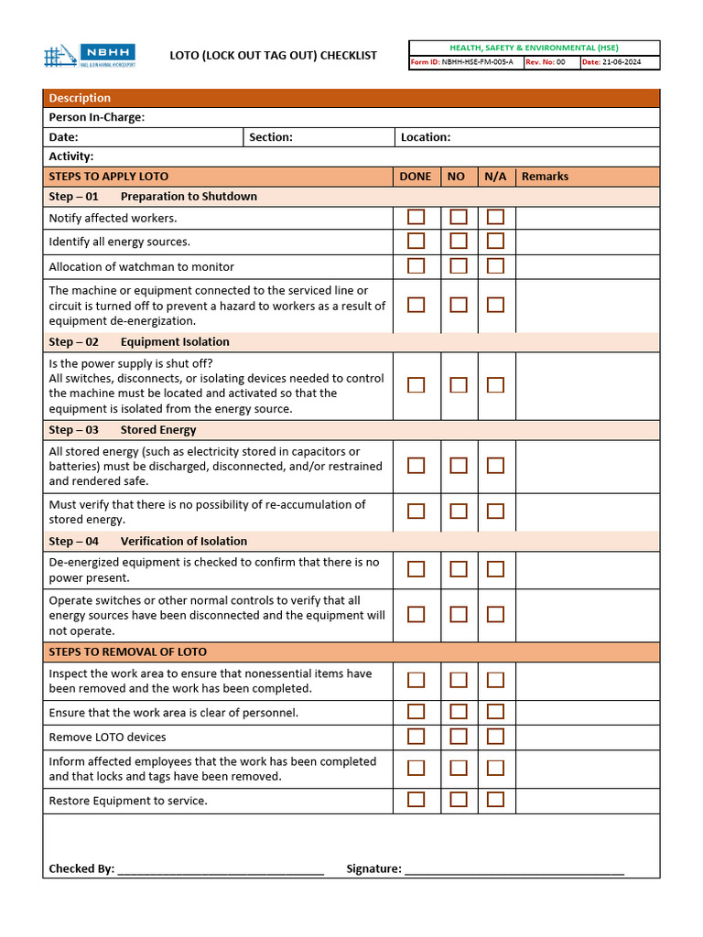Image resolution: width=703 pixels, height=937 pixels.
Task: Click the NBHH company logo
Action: click(x=90, y=55)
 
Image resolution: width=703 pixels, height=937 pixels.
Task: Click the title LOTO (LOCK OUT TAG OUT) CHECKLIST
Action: click(x=273, y=56)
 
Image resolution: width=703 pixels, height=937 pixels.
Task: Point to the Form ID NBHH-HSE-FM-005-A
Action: click(x=464, y=62)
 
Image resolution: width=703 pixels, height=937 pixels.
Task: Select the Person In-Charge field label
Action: click(x=96, y=117)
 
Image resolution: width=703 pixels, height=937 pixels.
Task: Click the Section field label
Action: click(x=271, y=137)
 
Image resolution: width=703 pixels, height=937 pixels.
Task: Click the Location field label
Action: click(x=426, y=137)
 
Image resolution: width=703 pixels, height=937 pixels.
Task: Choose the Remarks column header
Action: click(x=545, y=177)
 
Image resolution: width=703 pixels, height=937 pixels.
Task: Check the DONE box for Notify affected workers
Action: click(x=416, y=217)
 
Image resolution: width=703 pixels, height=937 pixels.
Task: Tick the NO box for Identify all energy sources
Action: click(x=458, y=242)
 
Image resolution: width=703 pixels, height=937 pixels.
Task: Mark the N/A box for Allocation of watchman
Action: click(x=495, y=266)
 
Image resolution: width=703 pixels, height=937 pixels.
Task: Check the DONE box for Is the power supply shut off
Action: click(x=416, y=385)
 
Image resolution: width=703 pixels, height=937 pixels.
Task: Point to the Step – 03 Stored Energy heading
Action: click(x=123, y=430)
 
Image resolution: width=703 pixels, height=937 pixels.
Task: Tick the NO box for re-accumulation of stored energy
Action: click(x=458, y=512)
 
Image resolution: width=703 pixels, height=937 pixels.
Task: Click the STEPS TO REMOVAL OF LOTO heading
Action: click(x=127, y=652)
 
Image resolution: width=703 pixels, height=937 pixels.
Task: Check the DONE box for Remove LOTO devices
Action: click(x=416, y=737)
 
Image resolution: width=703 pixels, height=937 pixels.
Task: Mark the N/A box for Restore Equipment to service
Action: click(x=495, y=800)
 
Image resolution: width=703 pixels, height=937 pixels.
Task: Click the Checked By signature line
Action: click(x=220, y=870)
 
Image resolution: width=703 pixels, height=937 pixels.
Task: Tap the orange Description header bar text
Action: click(x=80, y=98)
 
